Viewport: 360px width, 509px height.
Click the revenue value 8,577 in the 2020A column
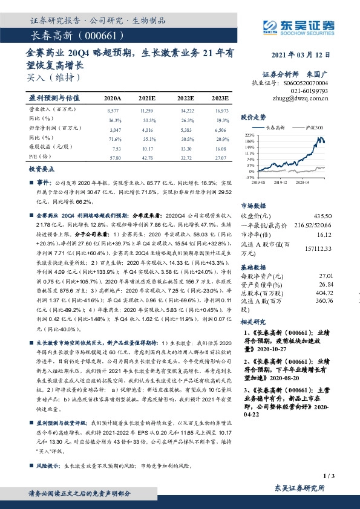coord(113,111)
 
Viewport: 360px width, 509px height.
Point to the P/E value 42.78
coord(147,157)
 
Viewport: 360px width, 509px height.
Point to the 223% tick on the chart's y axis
coord(249,135)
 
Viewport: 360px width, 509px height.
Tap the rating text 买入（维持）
coord(54,77)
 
